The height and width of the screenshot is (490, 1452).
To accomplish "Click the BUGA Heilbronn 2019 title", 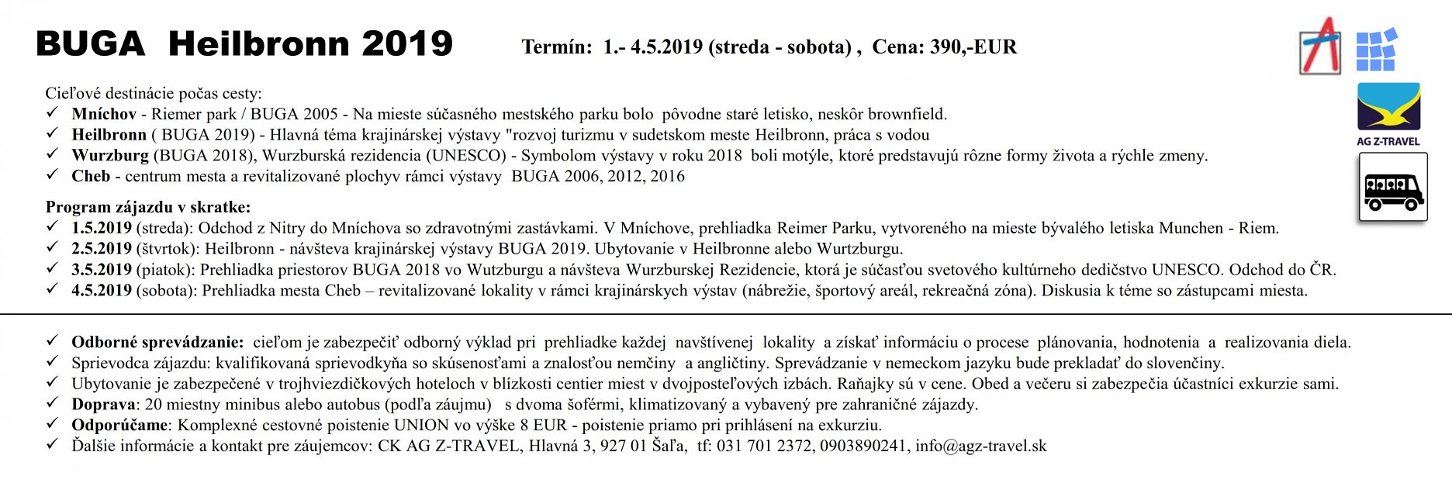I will coord(244,44).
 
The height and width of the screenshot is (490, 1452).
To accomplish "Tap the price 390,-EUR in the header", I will coord(973,47).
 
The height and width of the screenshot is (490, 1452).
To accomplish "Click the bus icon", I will coord(1392,188).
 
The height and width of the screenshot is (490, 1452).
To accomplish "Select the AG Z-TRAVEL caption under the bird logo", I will coord(1388,141).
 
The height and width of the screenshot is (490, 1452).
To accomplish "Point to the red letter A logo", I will coord(1319,46).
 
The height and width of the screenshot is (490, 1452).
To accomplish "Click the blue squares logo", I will coord(1376,49).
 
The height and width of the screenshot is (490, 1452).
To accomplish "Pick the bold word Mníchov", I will coord(104,114).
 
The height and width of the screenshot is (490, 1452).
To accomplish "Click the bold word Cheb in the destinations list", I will coord(91,176).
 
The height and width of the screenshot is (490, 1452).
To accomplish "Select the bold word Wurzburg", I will coord(110,155).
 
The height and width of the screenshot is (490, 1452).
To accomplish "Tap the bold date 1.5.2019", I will coord(102,228).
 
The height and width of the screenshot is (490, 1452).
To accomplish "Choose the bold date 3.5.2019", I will coord(102,270).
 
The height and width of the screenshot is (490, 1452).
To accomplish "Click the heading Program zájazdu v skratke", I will coord(148,207).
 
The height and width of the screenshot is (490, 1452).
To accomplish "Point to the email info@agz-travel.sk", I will coord(980,446).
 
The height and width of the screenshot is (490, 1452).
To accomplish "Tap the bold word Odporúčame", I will coord(120,425).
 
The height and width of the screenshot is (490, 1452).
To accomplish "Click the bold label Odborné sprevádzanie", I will coord(157,342).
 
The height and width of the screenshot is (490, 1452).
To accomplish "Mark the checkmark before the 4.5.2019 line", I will coord(53,289).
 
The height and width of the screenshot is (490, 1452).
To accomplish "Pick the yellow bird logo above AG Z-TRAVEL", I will coord(1388,107).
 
